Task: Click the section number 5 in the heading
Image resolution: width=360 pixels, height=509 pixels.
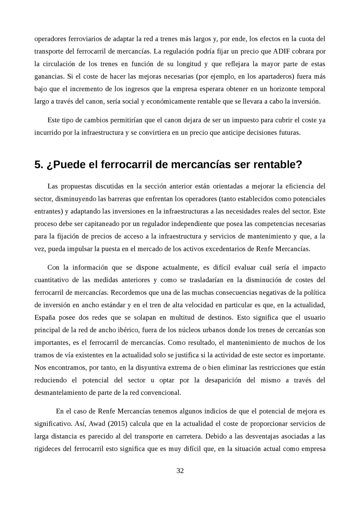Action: click(38, 165)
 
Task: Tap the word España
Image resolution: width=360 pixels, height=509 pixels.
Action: click(45, 317)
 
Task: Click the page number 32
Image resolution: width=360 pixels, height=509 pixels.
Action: click(180, 471)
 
